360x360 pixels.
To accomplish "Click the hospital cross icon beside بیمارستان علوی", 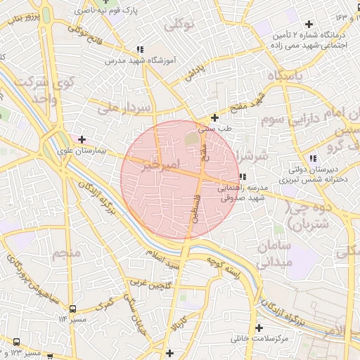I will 82,139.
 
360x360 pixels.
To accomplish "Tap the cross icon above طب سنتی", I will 214,117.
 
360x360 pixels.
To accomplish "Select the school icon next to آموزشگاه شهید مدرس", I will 140,49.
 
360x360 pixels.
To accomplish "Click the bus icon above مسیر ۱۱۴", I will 72,308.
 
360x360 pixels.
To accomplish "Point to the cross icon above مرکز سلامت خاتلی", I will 259,328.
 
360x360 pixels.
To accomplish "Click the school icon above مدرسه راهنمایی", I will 243,176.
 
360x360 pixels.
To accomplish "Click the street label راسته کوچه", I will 224,267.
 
